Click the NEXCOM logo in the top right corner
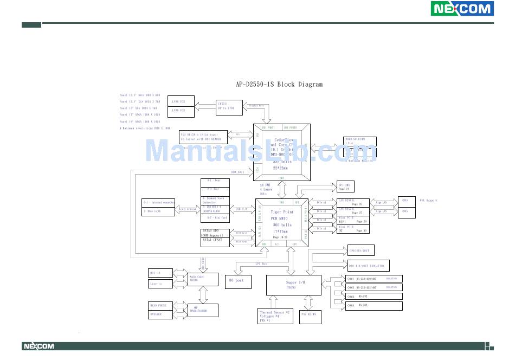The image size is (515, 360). [462, 9]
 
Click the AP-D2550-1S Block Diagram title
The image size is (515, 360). [279, 84]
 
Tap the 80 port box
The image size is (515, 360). [238, 280]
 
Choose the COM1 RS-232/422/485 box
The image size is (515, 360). [374, 279]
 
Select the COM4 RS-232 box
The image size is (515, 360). [374, 306]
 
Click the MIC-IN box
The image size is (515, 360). [161, 273]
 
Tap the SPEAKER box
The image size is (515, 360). [161, 314]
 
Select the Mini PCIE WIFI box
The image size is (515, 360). [353, 220]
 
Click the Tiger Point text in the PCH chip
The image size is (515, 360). [282, 212]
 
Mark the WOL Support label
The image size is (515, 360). [428, 201]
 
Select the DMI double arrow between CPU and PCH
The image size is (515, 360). [282, 189]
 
